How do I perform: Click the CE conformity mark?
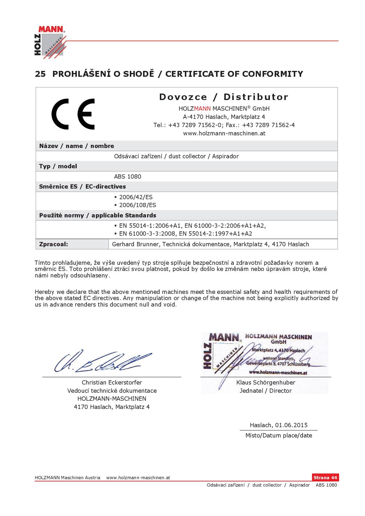[x=73, y=114]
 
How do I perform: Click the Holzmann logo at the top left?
[x=49, y=41]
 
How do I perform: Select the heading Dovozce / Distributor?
[x=224, y=97]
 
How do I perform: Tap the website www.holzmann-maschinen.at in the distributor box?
[x=224, y=133]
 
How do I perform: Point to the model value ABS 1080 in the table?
[x=127, y=177]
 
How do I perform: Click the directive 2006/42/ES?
[x=136, y=197]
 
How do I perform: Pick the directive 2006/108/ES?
[x=137, y=205]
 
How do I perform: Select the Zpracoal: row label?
[x=54, y=244]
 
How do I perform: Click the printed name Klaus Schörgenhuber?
[x=266, y=382]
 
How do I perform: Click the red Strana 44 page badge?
[x=325, y=477]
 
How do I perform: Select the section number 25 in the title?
[x=40, y=74]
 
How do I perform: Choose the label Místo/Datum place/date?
[x=278, y=435]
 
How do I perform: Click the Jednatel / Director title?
[x=266, y=391]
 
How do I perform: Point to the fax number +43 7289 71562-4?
[x=268, y=125]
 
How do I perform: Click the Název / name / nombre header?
[x=77, y=146]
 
